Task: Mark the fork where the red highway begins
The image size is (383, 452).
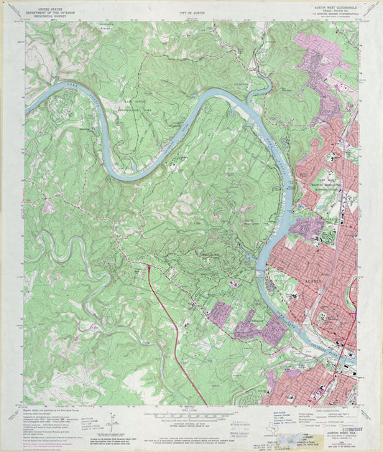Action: (x=149, y=265)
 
